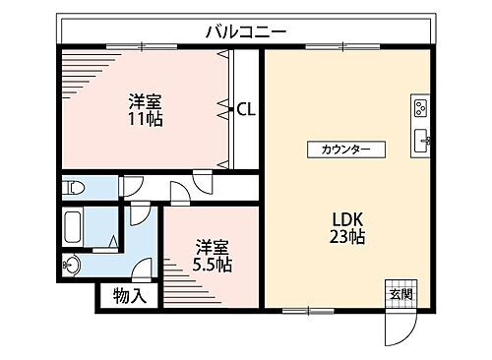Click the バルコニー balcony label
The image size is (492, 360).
coord(246,31)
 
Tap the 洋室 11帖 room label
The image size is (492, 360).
coord(145,110)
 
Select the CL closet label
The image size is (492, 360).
coord(246,110)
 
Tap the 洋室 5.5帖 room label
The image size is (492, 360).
coord(212,255)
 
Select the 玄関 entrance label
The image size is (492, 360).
coord(399,294)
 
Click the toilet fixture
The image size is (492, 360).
coord(74,187)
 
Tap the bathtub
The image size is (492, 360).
coord(73,228)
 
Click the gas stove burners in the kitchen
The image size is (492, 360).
coord(419,107)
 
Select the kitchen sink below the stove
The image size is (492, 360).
coord(419,138)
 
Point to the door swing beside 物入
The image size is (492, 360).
coord(145,269)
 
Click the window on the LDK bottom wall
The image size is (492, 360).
coord(308,311)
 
